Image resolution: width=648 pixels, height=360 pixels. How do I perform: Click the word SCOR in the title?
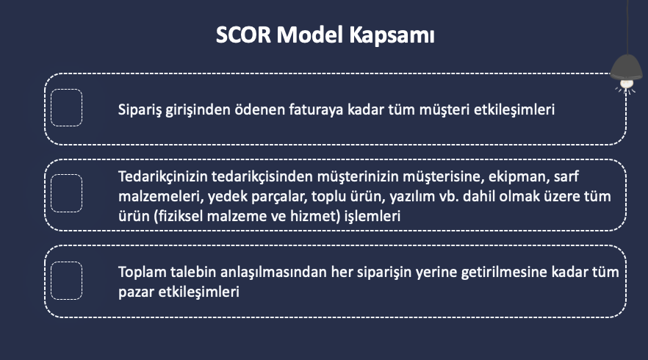243,35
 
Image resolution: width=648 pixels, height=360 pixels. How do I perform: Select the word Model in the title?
310,35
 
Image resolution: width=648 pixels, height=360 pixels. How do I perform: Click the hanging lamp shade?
627,67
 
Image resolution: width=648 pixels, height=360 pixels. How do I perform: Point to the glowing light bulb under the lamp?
627,84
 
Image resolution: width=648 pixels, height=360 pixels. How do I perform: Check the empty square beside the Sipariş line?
67,107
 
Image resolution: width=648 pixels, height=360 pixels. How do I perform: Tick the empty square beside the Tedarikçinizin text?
67,193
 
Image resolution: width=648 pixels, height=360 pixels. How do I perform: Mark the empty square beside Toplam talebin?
67,280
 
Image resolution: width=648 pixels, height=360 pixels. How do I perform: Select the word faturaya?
316,110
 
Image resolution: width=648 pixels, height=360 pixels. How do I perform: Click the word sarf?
566,176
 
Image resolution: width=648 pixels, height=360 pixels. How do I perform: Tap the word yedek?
225,197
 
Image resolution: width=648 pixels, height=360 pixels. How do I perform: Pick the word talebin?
193,272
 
